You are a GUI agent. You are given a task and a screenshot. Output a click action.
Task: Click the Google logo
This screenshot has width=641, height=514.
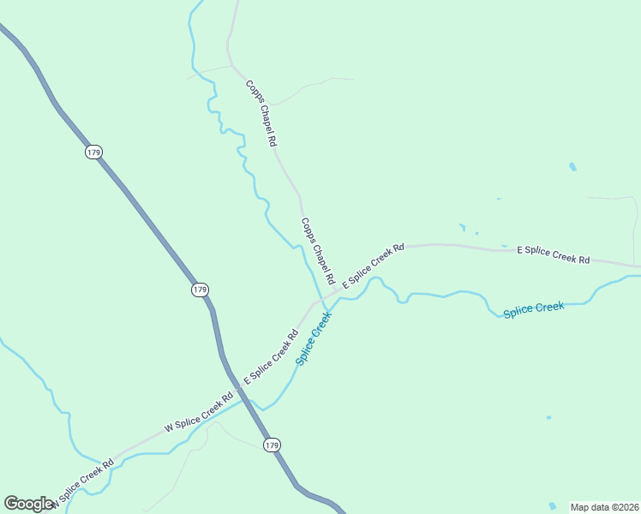(x=28, y=504)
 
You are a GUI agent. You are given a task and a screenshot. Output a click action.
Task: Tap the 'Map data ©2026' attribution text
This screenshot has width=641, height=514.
(x=604, y=507)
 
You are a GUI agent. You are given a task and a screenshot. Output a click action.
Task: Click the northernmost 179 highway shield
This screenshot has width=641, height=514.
(x=93, y=152)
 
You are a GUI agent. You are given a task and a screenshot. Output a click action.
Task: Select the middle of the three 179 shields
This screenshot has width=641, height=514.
(x=200, y=290)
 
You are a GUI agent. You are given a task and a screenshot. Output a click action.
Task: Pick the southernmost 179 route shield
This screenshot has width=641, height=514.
(x=272, y=445)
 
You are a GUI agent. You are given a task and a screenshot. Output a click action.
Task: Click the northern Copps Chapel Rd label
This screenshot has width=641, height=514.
(x=261, y=112)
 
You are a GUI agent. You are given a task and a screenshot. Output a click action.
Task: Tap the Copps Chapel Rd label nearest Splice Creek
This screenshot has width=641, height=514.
(x=317, y=251)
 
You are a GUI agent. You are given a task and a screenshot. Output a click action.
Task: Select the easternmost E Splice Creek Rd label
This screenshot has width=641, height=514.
(x=554, y=254)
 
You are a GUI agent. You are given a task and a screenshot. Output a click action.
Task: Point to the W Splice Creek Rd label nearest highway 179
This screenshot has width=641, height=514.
(x=199, y=411)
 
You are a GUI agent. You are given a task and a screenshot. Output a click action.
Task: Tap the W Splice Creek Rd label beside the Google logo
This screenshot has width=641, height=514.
(x=82, y=484)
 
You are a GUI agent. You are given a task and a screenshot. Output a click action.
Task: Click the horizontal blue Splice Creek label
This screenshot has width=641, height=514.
(x=534, y=309)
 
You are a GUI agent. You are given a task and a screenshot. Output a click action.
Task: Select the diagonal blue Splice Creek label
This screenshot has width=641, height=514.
(x=314, y=338)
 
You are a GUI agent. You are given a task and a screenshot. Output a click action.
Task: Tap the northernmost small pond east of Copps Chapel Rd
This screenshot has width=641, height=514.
(x=572, y=166)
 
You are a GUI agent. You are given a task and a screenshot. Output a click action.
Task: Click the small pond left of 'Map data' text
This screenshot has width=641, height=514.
(x=553, y=506)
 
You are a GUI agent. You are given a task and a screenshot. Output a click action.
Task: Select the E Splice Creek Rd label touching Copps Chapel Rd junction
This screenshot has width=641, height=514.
(x=374, y=266)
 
